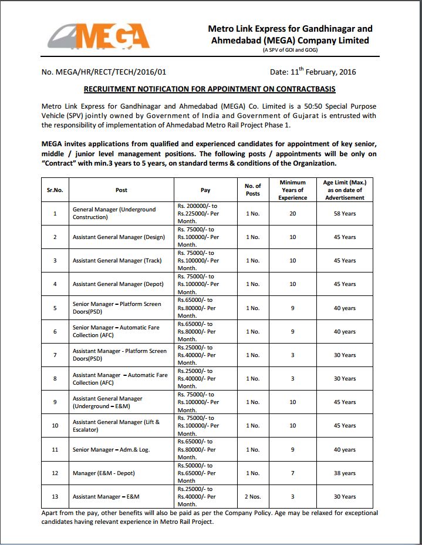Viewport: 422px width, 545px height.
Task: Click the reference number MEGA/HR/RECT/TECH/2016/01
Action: [x=104, y=72]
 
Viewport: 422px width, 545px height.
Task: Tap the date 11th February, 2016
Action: [x=313, y=72]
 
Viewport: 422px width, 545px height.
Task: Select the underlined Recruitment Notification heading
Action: [x=210, y=89]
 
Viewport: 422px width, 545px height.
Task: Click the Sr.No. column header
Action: [x=55, y=190]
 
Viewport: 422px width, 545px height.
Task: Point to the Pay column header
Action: [x=205, y=190]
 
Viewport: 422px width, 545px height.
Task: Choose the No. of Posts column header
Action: [x=252, y=190]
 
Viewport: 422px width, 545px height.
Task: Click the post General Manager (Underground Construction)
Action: [x=114, y=213]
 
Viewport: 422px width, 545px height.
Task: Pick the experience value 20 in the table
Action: [x=292, y=213]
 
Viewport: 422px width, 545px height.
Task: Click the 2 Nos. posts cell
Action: [x=252, y=496]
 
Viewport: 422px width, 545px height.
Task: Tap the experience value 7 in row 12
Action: [x=292, y=473]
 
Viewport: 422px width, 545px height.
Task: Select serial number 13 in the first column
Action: [x=55, y=496]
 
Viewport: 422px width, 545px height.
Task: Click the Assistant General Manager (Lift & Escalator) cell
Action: [x=116, y=426]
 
